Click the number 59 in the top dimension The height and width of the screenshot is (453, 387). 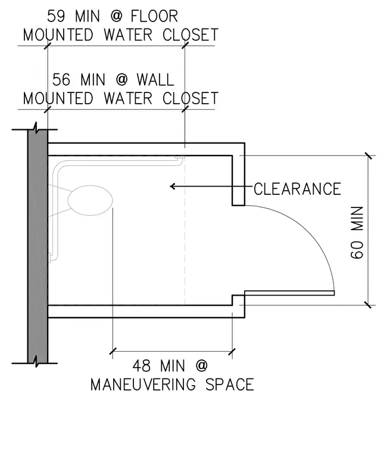(x=56, y=16)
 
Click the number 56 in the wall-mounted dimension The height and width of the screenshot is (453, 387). (x=61, y=80)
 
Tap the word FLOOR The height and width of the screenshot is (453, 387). (x=154, y=16)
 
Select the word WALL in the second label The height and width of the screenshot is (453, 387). (x=155, y=80)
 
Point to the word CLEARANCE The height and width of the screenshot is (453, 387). (x=297, y=189)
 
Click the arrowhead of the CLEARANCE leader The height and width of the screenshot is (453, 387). (x=172, y=187)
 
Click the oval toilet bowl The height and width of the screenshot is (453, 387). (x=90, y=200)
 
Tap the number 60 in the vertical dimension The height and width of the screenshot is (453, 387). (x=357, y=250)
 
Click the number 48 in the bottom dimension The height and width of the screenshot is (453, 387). (x=142, y=366)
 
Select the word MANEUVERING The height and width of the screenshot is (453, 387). (x=143, y=385)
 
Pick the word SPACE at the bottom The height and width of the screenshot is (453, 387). (x=230, y=385)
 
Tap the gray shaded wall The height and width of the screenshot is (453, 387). (x=38, y=246)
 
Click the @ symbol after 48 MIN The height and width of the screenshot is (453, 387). (x=201, y=366)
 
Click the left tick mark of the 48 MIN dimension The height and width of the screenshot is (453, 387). (x=113, y=352)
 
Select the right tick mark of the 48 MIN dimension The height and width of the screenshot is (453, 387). (x=232, y=352)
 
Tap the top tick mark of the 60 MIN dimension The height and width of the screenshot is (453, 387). (x=368, y=156)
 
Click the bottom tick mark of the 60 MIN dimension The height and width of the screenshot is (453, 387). (x=368, y=305)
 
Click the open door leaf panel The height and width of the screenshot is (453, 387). (x=289, y=293)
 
